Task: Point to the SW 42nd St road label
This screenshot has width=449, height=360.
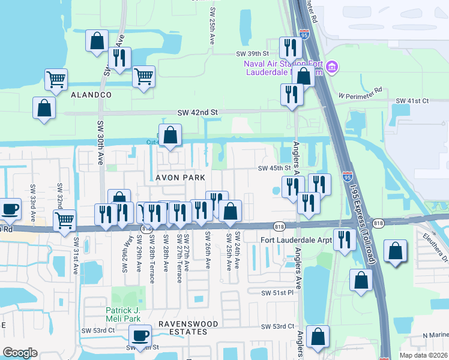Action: [x=197, y=112]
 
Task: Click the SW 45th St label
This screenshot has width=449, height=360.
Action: [x=274, y=168]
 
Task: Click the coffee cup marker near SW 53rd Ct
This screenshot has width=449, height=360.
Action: [x=140, y=336]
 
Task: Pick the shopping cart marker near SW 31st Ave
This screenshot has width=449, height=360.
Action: [x=64, y=220]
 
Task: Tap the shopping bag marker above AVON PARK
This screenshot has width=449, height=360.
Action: [x=170, y=136]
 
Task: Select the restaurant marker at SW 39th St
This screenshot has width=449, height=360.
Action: [x=289, y=48]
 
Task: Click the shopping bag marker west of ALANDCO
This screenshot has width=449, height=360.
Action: [x=44, y=109]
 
